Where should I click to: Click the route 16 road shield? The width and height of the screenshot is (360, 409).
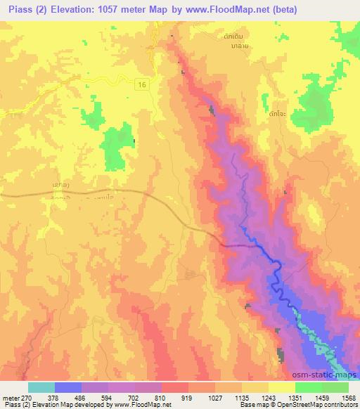[x=142, y=83]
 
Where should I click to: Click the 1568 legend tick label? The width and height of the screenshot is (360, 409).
[x=347, y=397]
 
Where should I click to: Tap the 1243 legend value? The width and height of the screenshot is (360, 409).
[x=268, y=397]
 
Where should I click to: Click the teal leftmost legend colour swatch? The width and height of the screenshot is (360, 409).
[x=42, y=387]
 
